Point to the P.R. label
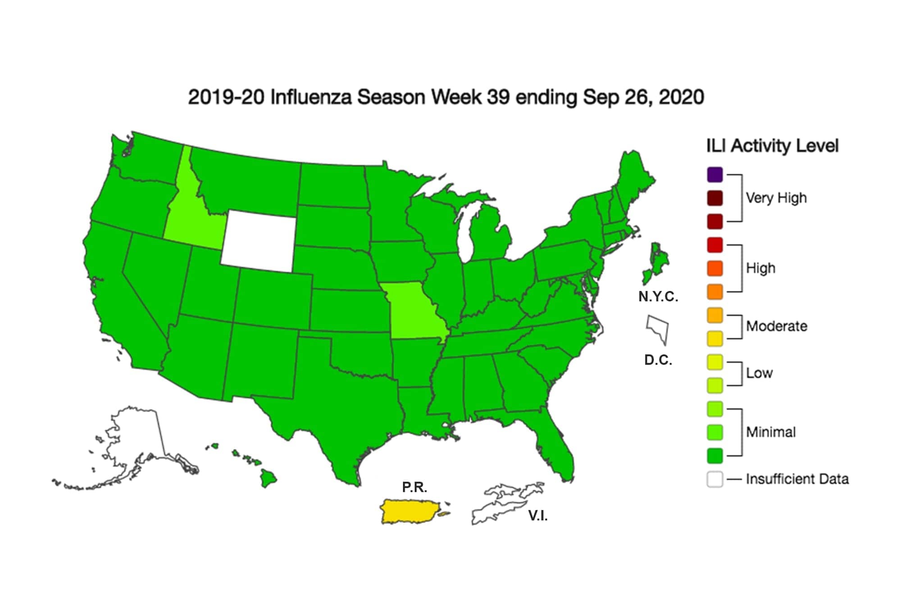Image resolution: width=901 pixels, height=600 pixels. coord(414,487)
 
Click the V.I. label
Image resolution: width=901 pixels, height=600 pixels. coord(538,516)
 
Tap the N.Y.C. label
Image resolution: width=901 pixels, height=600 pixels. coord(658,297)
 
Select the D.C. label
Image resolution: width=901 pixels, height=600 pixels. coord(658,360)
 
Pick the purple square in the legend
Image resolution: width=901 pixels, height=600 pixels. coord(715,175)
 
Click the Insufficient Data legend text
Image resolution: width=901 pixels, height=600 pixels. coord(797,479)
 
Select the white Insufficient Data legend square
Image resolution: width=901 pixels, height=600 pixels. coord(715,479)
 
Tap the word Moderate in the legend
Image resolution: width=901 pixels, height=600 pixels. coord(776,326)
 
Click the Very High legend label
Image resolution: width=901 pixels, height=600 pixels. coord(776,198)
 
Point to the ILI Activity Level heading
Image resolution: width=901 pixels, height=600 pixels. coord(772,146)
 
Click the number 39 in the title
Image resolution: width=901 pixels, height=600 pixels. coord(498,97)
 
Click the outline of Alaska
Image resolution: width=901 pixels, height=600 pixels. coord(135,437)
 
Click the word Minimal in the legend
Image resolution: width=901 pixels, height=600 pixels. coord(771,432)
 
